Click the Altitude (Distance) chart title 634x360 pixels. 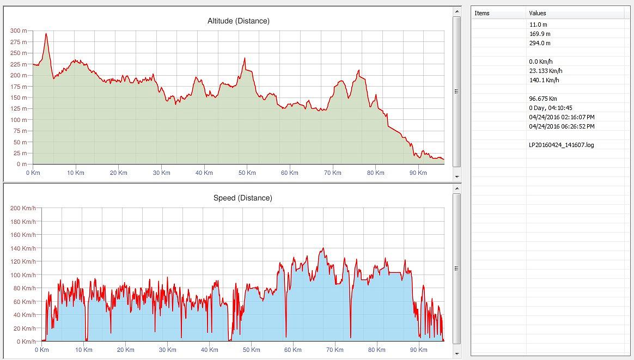pyautogui.click(x=238, y=21)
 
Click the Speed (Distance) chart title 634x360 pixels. pyautogui.click(x=242, y=198)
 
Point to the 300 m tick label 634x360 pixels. pyautogui.click(x=19, y=30)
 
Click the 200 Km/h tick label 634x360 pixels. pyautogui.click(x=22, y=208)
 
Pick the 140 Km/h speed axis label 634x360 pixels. pyautogui.click(x=22, y=248)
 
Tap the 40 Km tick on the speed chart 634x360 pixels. pyautogui.click(x=210, y=350)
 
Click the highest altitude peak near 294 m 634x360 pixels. pyautogui.click(x=46, y=34)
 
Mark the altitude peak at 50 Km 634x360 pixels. pyautogui.click(x=245, y=58)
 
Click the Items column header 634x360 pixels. pyautogui.click(x=482, y=13)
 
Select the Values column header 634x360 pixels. pyautogui.click(x=537, y=13)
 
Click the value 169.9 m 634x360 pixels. pyautogui.click(x=539, y=34)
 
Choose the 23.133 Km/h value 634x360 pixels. pyautogui.click(x=546, y=71)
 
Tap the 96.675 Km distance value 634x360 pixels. pyautogui.click(x=542, y=99)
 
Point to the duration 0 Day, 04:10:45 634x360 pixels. pyautogui.click(x=550, y=108)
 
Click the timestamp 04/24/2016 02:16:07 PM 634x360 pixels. pyautogui.click(x=562, y=117)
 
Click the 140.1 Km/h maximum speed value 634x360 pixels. pyautogui.click(x=544, y=80)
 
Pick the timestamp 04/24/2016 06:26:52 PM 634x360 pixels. pyautogui.click(x=562, y=126)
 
